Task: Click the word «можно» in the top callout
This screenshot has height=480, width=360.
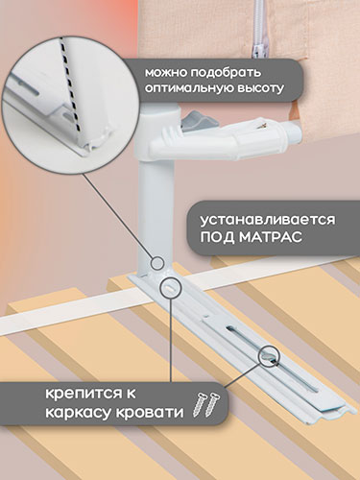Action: (166, 73)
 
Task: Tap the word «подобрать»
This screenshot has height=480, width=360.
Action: (226, 73)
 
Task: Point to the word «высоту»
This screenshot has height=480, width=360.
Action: (260, 88)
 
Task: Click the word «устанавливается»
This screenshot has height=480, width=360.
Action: (268, 220)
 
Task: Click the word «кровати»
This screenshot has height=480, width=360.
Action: (149, 412)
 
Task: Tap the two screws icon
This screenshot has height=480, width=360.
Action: (206, 404)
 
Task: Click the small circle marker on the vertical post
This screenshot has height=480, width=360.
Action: (157, 263)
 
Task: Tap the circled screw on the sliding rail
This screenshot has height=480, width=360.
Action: (269, 355)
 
